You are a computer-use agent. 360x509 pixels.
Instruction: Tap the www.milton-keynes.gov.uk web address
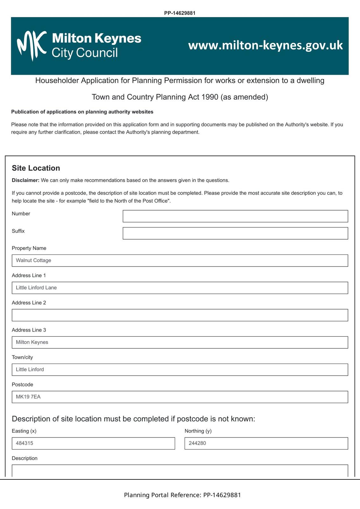point(265,45)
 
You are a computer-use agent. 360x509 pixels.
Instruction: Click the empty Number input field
point(235,216)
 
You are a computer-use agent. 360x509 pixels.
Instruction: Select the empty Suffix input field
point(235,233)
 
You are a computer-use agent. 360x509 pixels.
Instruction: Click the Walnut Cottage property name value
point(33,260)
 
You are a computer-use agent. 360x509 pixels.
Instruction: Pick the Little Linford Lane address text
point(36,288)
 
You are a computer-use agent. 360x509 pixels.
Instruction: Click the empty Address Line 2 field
point(180,315)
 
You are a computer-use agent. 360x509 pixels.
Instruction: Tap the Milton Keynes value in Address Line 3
point(32,342)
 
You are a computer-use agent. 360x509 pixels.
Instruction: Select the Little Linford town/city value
point(30,369)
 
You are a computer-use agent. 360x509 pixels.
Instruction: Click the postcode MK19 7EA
point(28,397)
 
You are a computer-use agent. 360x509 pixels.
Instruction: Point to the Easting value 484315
point(25,443)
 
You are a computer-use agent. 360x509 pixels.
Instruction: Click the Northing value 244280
point(197,443)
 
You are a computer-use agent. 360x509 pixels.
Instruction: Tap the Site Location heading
point(36,168)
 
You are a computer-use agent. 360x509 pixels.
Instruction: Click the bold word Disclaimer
point(25,180)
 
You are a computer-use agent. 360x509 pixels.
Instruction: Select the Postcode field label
point(22,385)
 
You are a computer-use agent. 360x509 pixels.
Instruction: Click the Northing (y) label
point(198,431)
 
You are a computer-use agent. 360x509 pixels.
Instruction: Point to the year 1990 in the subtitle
point(210,97)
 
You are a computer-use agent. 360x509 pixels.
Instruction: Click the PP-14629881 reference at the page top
point(180,13)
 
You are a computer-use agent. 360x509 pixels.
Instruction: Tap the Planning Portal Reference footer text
point(182,495)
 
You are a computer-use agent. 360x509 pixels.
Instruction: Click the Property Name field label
point(29,248)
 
